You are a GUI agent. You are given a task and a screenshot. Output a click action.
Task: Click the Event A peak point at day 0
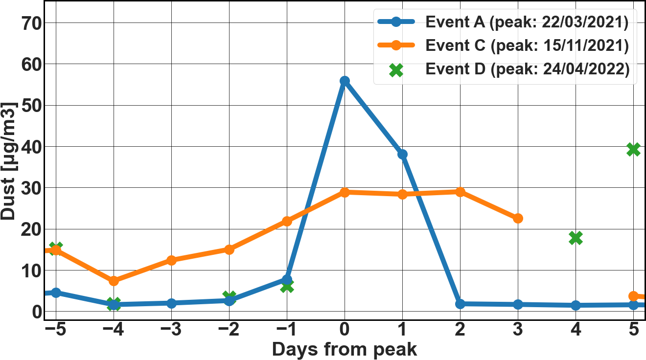pos(345,81)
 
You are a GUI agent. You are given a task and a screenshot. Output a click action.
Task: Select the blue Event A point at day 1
pos(402,154)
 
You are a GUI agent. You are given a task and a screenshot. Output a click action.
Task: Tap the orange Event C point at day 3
pos(518,219)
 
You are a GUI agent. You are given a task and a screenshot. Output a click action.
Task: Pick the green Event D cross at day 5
pos(633,149)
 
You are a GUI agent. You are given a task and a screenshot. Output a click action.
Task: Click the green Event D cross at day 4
pos(576,238)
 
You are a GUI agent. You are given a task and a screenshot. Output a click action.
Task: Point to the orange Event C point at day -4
pos(114,281)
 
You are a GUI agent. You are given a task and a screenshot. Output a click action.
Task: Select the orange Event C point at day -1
pos(287,222)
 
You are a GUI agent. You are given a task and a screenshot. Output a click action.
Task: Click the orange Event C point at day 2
pos(460,192)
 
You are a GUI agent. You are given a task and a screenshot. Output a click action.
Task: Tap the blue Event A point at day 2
pos(460,304)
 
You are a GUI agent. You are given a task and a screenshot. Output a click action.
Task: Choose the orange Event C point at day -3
pos(172,260)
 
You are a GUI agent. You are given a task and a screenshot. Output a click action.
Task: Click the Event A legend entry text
pos(527,22)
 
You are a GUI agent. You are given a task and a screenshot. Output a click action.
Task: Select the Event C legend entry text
pos(527,45)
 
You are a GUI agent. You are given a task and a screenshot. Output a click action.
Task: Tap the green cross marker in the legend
pos(396,70)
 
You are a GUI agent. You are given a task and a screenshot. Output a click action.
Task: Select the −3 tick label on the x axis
pos(171,329)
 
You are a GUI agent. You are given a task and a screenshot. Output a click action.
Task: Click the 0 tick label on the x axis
pos(345,329)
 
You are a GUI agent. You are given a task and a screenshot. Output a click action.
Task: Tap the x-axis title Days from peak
pos(345,350)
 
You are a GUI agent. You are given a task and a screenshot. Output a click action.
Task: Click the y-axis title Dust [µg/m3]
pos(8,161)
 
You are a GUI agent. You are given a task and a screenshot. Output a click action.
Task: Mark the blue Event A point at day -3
pos(172,303)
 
